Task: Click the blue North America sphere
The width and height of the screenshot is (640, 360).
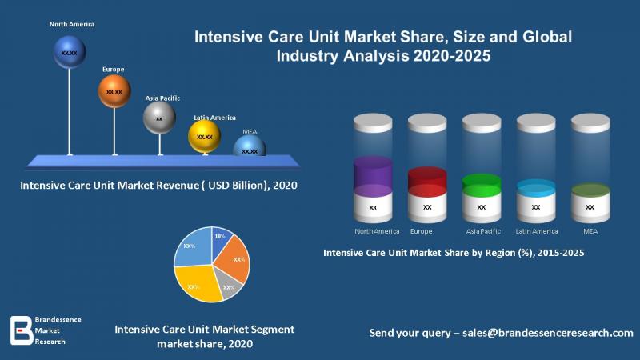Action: pyautogui.click(x=70, y=52)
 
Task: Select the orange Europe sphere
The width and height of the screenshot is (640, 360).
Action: pyautogui.click(x=114, y=91)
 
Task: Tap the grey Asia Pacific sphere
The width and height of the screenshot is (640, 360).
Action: pyautogui.click(x=159, y=118)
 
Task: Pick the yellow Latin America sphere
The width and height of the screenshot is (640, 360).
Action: pyautogui.click(x=204, y=136)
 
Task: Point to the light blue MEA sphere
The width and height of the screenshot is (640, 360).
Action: pyautogui.click(x=250, y=146)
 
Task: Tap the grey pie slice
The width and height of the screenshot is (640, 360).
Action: pyautogui.click(x=229, y=285)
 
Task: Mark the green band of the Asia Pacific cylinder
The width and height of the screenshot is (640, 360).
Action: pyautogui.click(x=482, y=186)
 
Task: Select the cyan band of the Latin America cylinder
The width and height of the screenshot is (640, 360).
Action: pyautogui.click(x=536, y=188)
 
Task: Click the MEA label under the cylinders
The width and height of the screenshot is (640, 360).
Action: pyautogui.click(x=590, y=231)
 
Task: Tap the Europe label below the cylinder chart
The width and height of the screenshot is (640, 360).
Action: pyautogui.click(x=422, y=231)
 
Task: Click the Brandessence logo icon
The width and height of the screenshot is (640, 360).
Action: pyautogui.click(x=22, y=330)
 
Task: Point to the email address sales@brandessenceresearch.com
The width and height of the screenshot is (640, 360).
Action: pyautogui.click(x=548, y=333)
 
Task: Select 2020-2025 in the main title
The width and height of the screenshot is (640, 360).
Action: pyautogui.click(x=452, y=55)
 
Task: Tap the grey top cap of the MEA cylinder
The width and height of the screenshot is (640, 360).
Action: pyautogui.click(x=590, y=123)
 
